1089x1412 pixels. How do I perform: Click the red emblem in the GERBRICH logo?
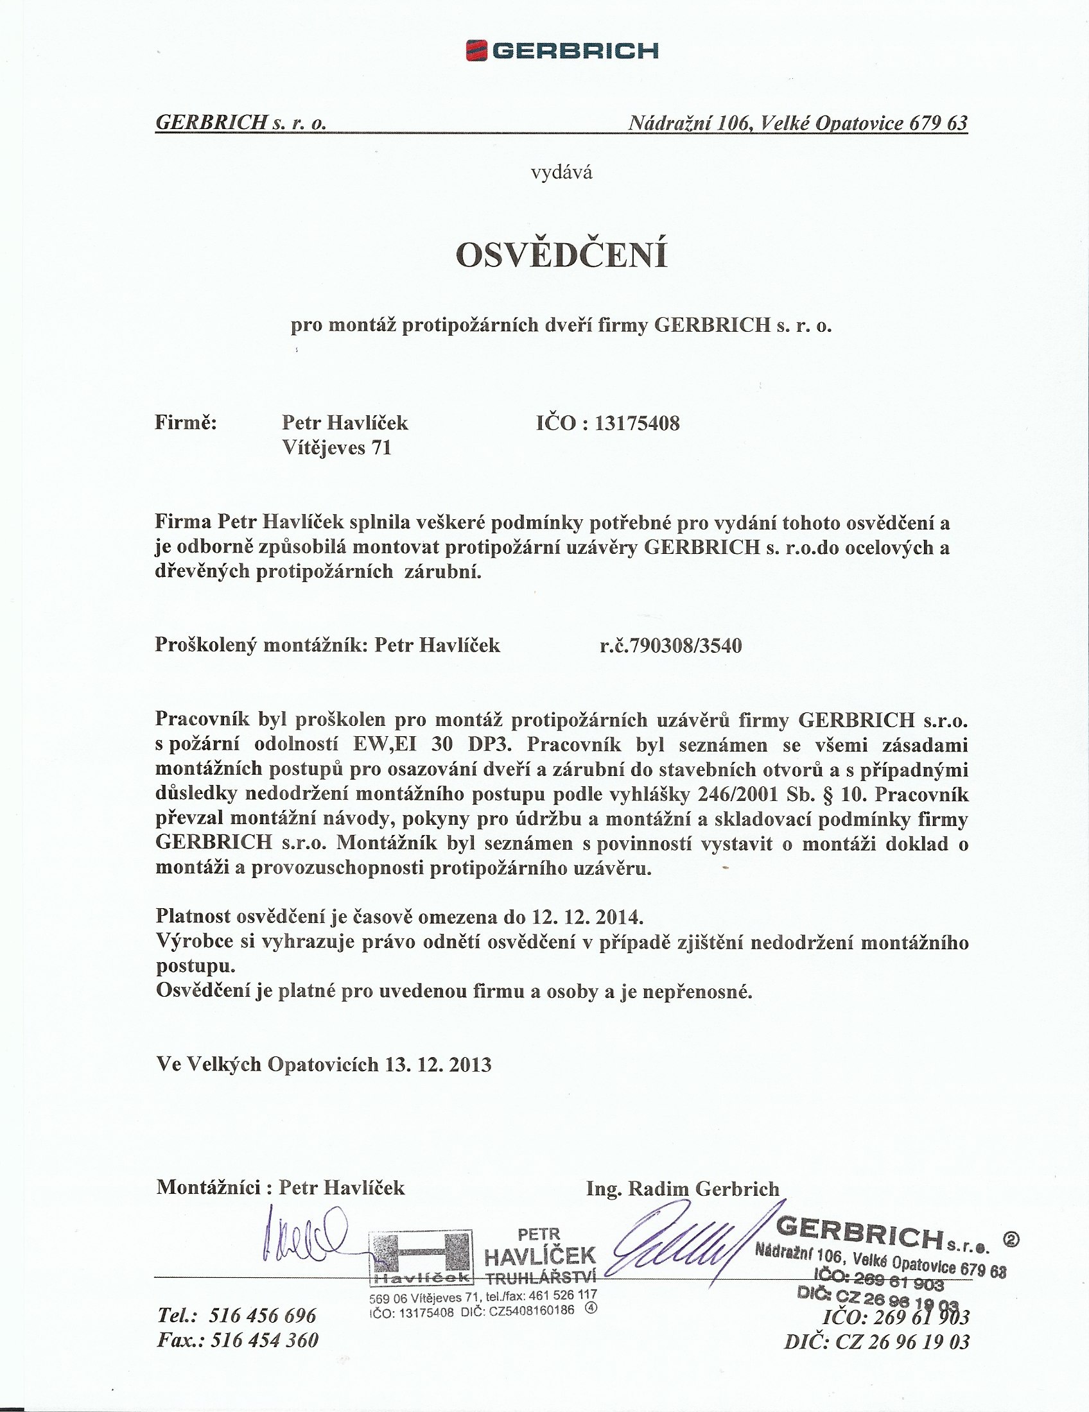(x=476, y=51)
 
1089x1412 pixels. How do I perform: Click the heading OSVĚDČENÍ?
(x=561, y=255)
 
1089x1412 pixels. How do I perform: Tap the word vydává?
(x=561, y=173)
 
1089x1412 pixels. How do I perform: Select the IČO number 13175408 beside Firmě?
(x=637, y=424)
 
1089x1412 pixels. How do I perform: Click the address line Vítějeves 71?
(x=337, y=447)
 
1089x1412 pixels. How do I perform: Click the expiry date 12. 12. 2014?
(x=587, y=917)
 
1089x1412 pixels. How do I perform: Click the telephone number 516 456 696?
(x=263, y=1316)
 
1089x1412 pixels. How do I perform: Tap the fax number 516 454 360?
(x=265, y=1340)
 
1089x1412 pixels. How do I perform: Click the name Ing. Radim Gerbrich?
(x=683, y=1188)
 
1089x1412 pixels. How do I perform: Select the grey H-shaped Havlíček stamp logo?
(x=421, y=1256)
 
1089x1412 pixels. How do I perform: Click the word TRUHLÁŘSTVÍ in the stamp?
(x=540, y=1277)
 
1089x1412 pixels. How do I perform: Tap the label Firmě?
(x=186, y=423)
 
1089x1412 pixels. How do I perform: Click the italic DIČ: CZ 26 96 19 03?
(x=877, y=1342)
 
